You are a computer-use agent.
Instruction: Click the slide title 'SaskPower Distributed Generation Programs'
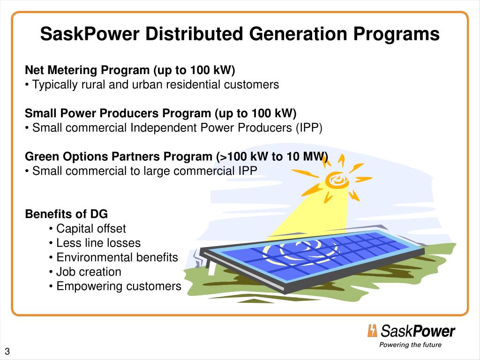[240, 34]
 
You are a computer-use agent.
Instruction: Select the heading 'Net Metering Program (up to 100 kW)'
[130, 70]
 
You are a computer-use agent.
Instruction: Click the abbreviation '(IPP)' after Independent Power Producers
[309, 128]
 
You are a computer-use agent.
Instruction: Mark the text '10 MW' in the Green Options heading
[307, 157]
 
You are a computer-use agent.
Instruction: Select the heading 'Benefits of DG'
[66, 214]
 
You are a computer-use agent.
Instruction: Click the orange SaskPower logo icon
[372, 331]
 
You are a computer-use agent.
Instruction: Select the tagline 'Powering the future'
[410, 345]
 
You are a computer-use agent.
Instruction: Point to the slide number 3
[7, 352]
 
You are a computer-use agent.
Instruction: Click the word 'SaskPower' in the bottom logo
[418, 331]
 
